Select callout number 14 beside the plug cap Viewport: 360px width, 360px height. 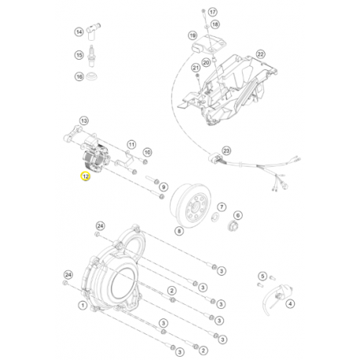point(79,32)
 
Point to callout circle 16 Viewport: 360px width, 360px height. point(79,77)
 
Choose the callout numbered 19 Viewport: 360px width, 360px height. point(191,36)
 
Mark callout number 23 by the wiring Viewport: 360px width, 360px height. point(226,150)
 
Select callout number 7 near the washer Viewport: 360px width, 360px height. point(222,207)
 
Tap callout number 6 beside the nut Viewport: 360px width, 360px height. point(239,216)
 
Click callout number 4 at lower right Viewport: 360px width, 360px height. point(290,303)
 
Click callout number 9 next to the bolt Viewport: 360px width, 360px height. point(163,188)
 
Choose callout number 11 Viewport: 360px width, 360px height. point(133,144)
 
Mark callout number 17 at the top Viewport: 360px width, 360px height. point(213,9)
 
